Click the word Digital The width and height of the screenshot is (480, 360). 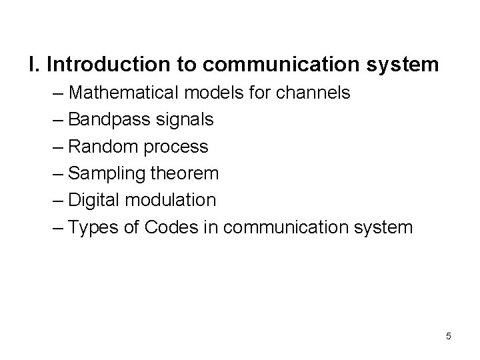tap(94, 201)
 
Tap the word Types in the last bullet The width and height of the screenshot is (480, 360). tap(93, 228)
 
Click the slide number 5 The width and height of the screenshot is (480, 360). tap(448, 336)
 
